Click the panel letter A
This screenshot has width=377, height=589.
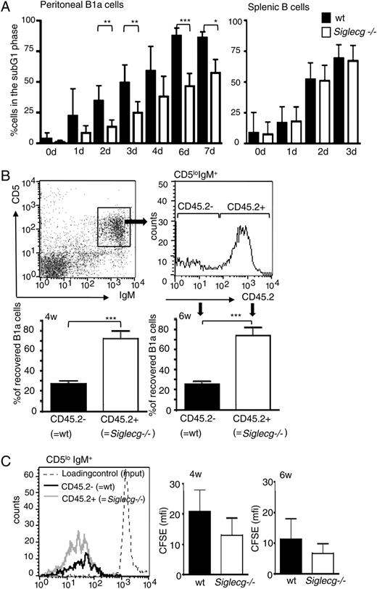[7, 7]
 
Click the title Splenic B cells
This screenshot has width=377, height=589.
[273, 7]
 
